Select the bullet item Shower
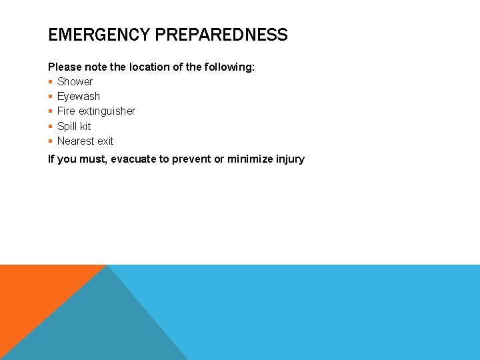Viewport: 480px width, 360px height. (75, 81)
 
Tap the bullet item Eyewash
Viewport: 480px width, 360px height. (78, 96)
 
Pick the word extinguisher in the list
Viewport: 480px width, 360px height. (107, 111)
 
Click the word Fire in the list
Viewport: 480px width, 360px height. (66, 111)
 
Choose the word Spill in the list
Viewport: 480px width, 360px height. (67, 126)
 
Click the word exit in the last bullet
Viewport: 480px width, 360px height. (105, 141)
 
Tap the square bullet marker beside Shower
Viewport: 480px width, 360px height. (51, 82)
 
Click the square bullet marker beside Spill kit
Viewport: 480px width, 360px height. (51, 127)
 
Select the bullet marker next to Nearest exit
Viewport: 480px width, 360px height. (51, 141)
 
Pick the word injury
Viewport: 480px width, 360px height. (289, 159)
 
